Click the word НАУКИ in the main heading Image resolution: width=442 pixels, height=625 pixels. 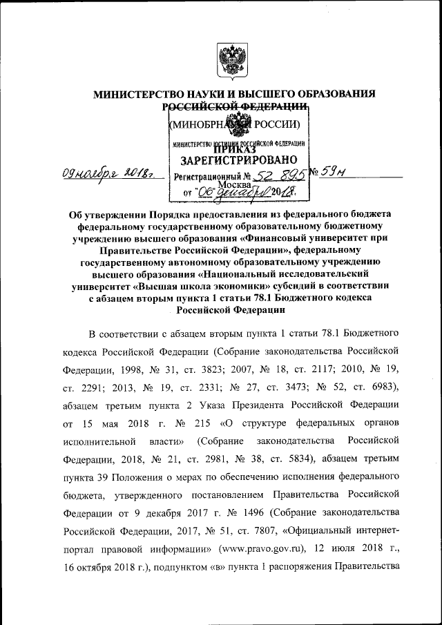[x=198, y=93]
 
